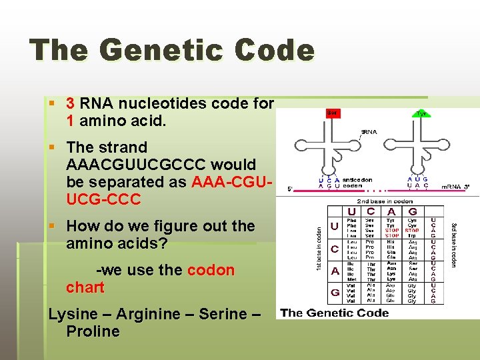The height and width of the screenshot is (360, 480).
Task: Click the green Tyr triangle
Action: click(x=421, y=113)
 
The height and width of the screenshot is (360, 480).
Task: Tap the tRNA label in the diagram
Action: click(x=369, y=131)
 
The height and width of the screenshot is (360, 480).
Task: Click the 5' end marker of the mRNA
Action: click(x=291, y=189)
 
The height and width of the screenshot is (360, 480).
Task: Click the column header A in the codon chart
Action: click(x=393, y=211)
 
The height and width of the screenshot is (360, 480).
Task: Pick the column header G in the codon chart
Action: click(x=413, y=211)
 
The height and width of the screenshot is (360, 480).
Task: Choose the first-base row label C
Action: click(x=335, y=249)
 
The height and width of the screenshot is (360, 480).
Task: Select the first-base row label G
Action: click(x=335, y=292)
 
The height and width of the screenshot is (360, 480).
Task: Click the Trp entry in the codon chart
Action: click(x=412, y=235)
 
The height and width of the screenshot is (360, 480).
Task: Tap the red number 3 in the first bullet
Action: click(x=71, y=104)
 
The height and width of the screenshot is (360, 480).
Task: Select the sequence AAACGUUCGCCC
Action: click(x=161, y=165)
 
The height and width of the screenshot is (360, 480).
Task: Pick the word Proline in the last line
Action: click(x=93, y=331)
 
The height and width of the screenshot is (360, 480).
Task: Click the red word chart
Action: click(x=85, y=288)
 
